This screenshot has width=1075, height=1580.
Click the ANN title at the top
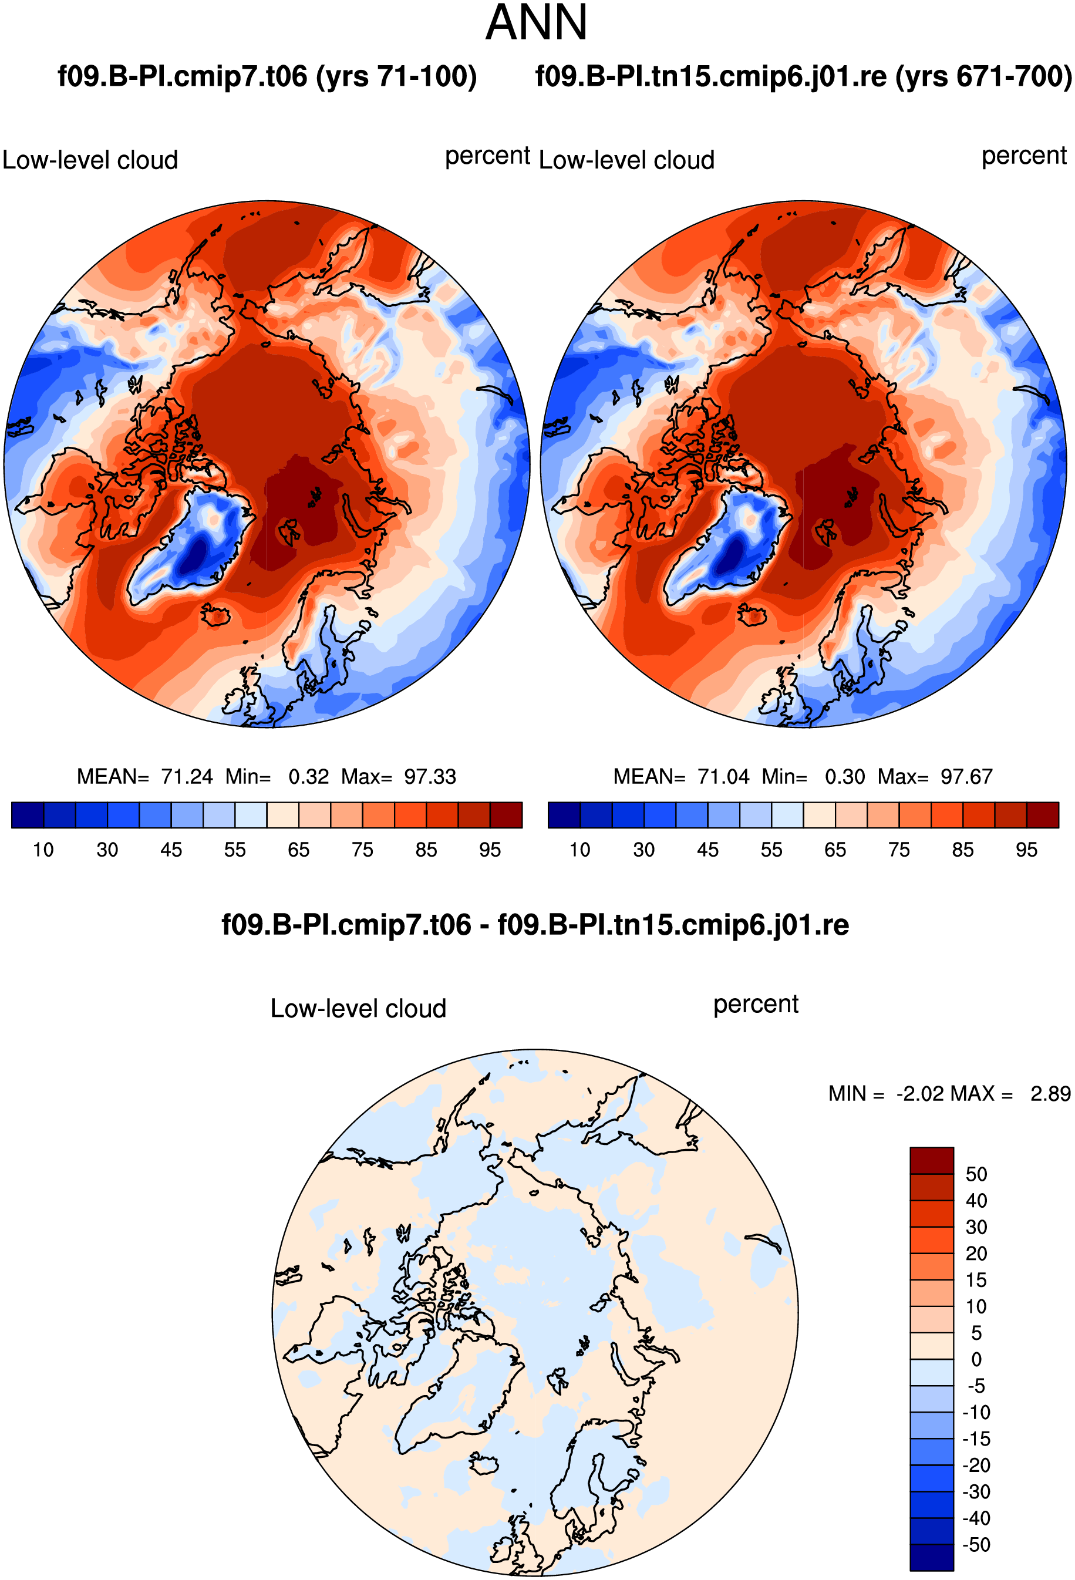tap(537, 22)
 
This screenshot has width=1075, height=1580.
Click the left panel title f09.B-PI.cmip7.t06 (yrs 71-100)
tap(267, 76)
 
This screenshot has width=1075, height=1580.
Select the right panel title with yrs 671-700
tap(804, 76)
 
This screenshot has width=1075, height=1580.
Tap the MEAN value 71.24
tap(187, 776)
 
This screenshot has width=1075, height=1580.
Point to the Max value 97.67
tap(966, 776)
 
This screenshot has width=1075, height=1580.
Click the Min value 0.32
tap(309, 776)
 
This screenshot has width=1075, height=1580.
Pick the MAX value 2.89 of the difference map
tap(1050, 1094)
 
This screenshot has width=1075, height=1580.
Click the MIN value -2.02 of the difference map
tap(921, 1094)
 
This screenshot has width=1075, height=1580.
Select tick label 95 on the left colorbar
tap(490, 850)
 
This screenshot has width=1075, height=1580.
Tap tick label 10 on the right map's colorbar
tap(580, 850)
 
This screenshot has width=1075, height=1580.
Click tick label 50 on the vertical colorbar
tap(976, 1175)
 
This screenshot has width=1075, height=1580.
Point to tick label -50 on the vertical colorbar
tap(976, 1545)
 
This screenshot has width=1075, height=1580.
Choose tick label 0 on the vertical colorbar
tap(976, 1360)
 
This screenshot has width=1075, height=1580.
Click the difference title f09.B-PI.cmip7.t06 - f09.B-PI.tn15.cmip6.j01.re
tap(535, 925)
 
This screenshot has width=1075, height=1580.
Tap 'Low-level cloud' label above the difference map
tap(358, 1008)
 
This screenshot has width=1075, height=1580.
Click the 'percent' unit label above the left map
tap(487, 156)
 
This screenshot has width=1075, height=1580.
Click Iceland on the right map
tap(752, 615)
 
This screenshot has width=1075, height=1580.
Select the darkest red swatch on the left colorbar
tap(506, 815)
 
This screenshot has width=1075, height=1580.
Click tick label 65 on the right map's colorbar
tap(835, 850)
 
